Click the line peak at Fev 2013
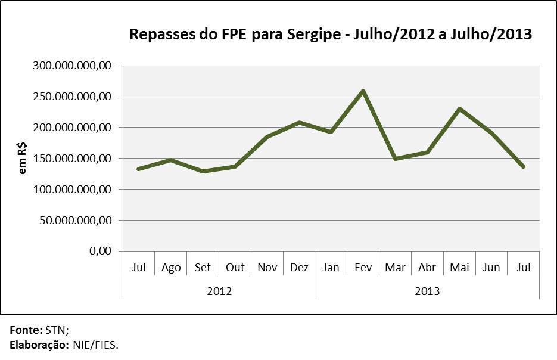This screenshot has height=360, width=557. [363, 91]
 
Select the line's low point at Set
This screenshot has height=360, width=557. [203, 171]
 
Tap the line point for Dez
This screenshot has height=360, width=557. [299, 122]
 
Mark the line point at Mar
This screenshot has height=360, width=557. [395, 159]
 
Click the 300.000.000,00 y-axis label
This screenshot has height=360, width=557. [73, 66]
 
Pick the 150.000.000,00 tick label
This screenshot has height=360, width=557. [73, 159]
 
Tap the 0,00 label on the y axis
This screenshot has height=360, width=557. [101, 251]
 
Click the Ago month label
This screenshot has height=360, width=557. [171, 268]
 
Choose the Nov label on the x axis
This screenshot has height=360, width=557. [267, 268]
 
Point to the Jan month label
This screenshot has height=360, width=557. [331, 268]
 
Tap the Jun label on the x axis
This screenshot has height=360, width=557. [491, 268]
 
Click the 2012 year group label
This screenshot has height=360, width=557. [219, 291]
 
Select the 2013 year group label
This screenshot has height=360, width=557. [427, 291]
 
